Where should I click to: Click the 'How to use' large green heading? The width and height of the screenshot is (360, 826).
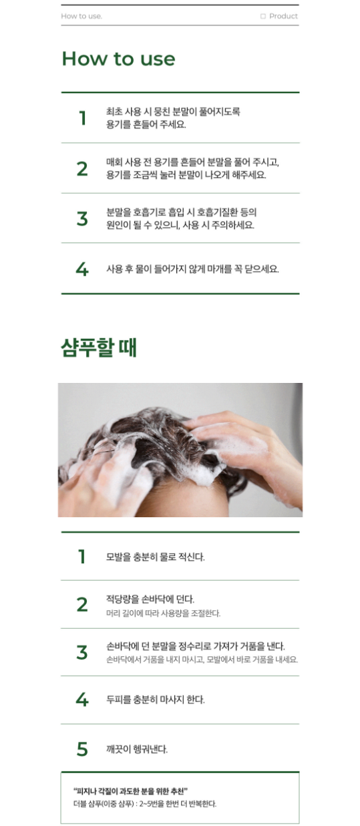click(x=118, y=59)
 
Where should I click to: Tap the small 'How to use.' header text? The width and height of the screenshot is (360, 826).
click(x=81, y=16)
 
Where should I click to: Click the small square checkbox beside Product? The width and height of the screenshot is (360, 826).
click(x=262, y=16)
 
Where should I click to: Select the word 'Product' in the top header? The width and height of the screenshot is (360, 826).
click(x=283, y=16)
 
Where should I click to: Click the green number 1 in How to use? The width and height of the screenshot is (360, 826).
click(x=83, y=118)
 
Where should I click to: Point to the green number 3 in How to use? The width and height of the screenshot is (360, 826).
click(x=82, y=219)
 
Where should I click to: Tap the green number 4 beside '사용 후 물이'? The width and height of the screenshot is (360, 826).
click(x=82, y=269)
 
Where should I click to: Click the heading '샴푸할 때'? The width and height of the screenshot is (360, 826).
click(x=99, y=348)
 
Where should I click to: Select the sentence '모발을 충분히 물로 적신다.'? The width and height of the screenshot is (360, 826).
click(x=155, y=557)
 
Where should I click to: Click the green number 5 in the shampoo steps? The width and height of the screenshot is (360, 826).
click(x=82, y=749)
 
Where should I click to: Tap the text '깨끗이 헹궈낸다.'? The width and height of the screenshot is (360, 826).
click(x=137, y=749)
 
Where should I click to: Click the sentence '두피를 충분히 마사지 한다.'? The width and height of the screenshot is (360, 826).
click(x=155, y=700)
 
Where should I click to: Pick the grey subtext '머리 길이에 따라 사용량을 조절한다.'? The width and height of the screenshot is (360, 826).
click(x=163, y=613)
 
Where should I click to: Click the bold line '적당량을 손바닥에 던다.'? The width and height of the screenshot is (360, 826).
click(x=150, y=599)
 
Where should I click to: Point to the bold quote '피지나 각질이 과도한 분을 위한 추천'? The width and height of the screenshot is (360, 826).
click(x=130, y=791)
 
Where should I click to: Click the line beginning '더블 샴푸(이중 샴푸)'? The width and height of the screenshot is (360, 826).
click(x=145, y=804)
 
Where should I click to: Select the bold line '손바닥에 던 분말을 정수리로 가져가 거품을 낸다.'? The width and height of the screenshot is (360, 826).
click(x=196, y=646)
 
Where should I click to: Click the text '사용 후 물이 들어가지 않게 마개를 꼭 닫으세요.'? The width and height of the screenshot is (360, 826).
click(x=193, y=269)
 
